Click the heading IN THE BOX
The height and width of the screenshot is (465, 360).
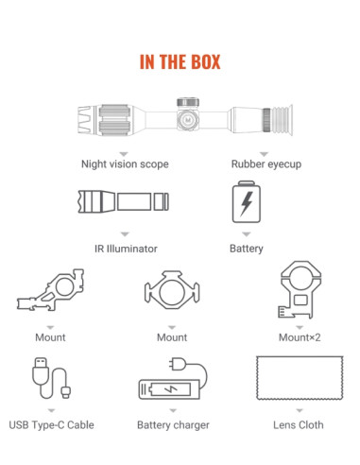tap(180, 61)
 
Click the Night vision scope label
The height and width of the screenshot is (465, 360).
tap(125, 164)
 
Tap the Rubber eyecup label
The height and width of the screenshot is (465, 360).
tap(266, 164)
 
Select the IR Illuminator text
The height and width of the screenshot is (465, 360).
tap(126, 249)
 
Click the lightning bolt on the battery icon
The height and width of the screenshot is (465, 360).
tap(247, 203)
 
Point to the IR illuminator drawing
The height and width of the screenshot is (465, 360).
tap(124, 201)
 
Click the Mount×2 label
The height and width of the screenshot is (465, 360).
tap(300, 337)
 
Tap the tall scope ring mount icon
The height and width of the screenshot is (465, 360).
tap(300, 289)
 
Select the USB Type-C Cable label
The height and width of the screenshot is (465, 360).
tap(51, 425)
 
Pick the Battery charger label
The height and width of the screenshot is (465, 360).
tap(173, 425)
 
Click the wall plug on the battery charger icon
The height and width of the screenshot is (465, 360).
tap(177, 364)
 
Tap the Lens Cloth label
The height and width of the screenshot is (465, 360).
tap(299, 425)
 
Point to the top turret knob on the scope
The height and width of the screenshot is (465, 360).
tap(188, 102)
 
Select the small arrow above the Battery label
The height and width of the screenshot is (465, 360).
tap(247, 234)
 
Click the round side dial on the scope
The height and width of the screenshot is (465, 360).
tap(188, 120)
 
